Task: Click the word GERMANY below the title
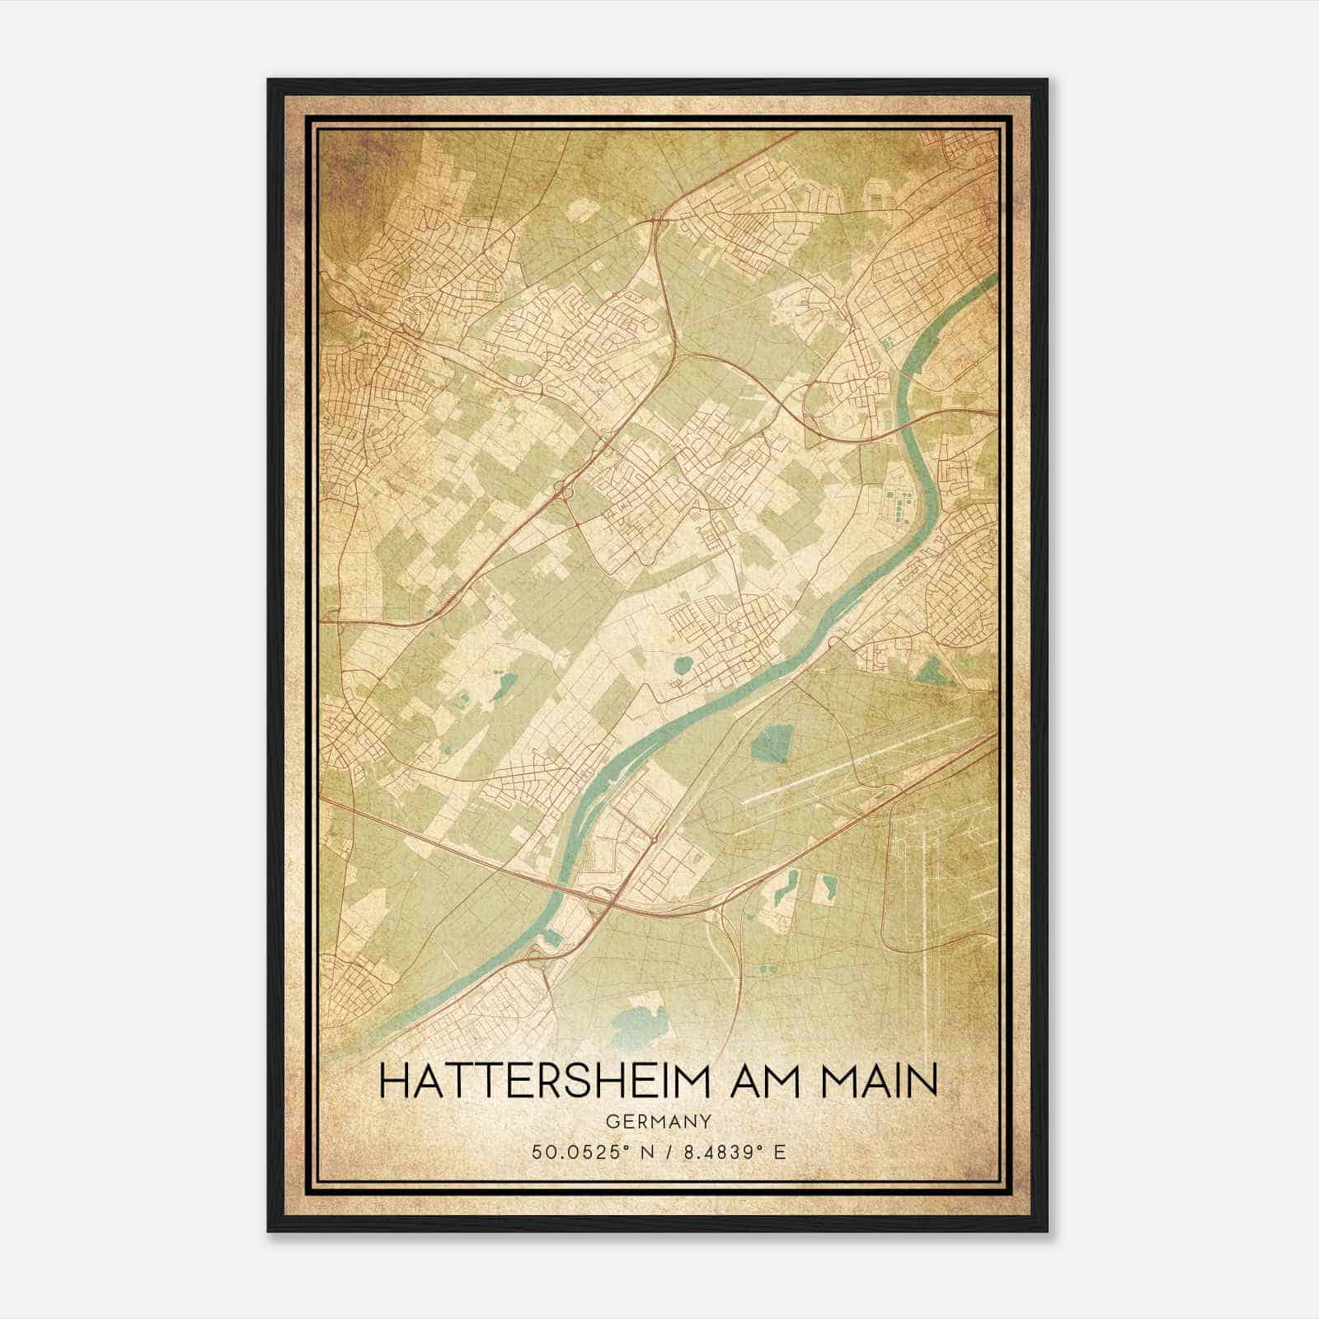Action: click(x=659, y=1121)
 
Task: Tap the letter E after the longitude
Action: click(x=780, y=1152)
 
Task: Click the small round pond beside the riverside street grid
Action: click(x=683, y=664)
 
